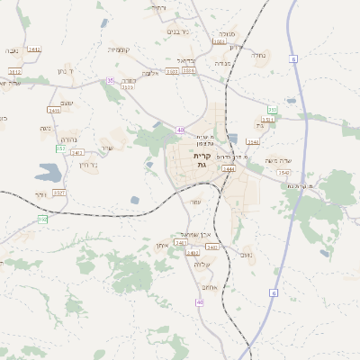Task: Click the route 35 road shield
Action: click(111, 80)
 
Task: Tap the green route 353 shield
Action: click(272, 109)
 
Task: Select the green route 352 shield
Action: click(42, 219)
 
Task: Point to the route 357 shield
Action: click(60, 148)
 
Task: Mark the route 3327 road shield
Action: click(59, 193)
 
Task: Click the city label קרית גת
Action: click(201, 159)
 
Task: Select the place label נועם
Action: click(247, 255)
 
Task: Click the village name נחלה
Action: click(259, 55)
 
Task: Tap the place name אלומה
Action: click(149, 73)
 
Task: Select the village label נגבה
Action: click(13, 50)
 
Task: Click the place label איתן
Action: click(162, 244)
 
